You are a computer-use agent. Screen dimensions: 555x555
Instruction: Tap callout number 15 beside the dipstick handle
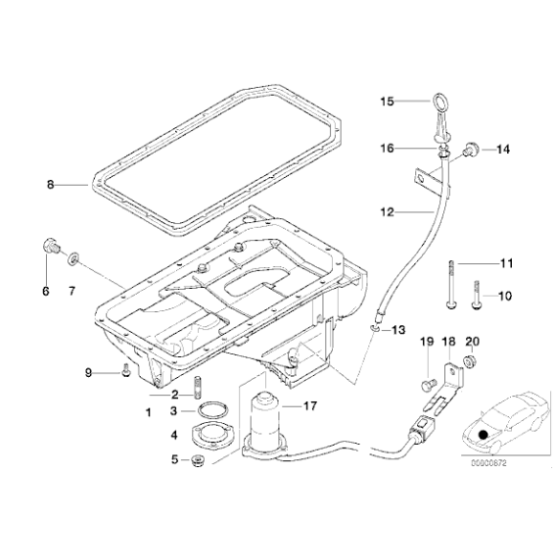(x=387, y=100)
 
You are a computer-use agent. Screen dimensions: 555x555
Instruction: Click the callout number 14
(x=503, y=149)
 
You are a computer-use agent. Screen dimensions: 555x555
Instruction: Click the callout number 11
(x=506, y=262)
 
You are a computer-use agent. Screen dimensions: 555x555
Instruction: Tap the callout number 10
(x=506, y=295)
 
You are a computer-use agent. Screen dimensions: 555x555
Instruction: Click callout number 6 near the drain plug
(x=44, y=292)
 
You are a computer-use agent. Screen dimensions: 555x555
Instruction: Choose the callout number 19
(x=427, y=342)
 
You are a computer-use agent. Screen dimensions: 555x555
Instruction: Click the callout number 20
(x=470, y=342)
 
